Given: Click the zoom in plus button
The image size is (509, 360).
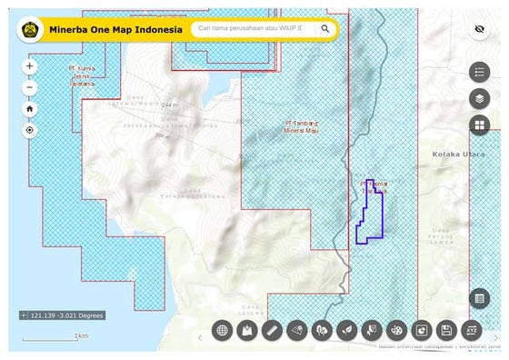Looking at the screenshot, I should [30, 66].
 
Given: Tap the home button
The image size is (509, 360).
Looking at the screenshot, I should [30, 109].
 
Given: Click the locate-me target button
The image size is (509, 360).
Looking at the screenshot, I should [30, 130].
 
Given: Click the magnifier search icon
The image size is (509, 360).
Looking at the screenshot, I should [324, 29].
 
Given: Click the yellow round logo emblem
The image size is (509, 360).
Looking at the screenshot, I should [28, 29].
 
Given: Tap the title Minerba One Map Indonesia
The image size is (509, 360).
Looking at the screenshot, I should [115, 29].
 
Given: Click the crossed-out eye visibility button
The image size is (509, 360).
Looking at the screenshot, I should [479, 29].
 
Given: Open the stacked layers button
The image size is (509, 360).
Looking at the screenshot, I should [479, 98].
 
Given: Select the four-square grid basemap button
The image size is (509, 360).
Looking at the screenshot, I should [479, 125].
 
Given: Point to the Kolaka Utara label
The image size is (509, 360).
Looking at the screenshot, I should [460, 155].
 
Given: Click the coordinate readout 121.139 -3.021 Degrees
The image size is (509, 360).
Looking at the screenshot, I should [62, 315].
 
